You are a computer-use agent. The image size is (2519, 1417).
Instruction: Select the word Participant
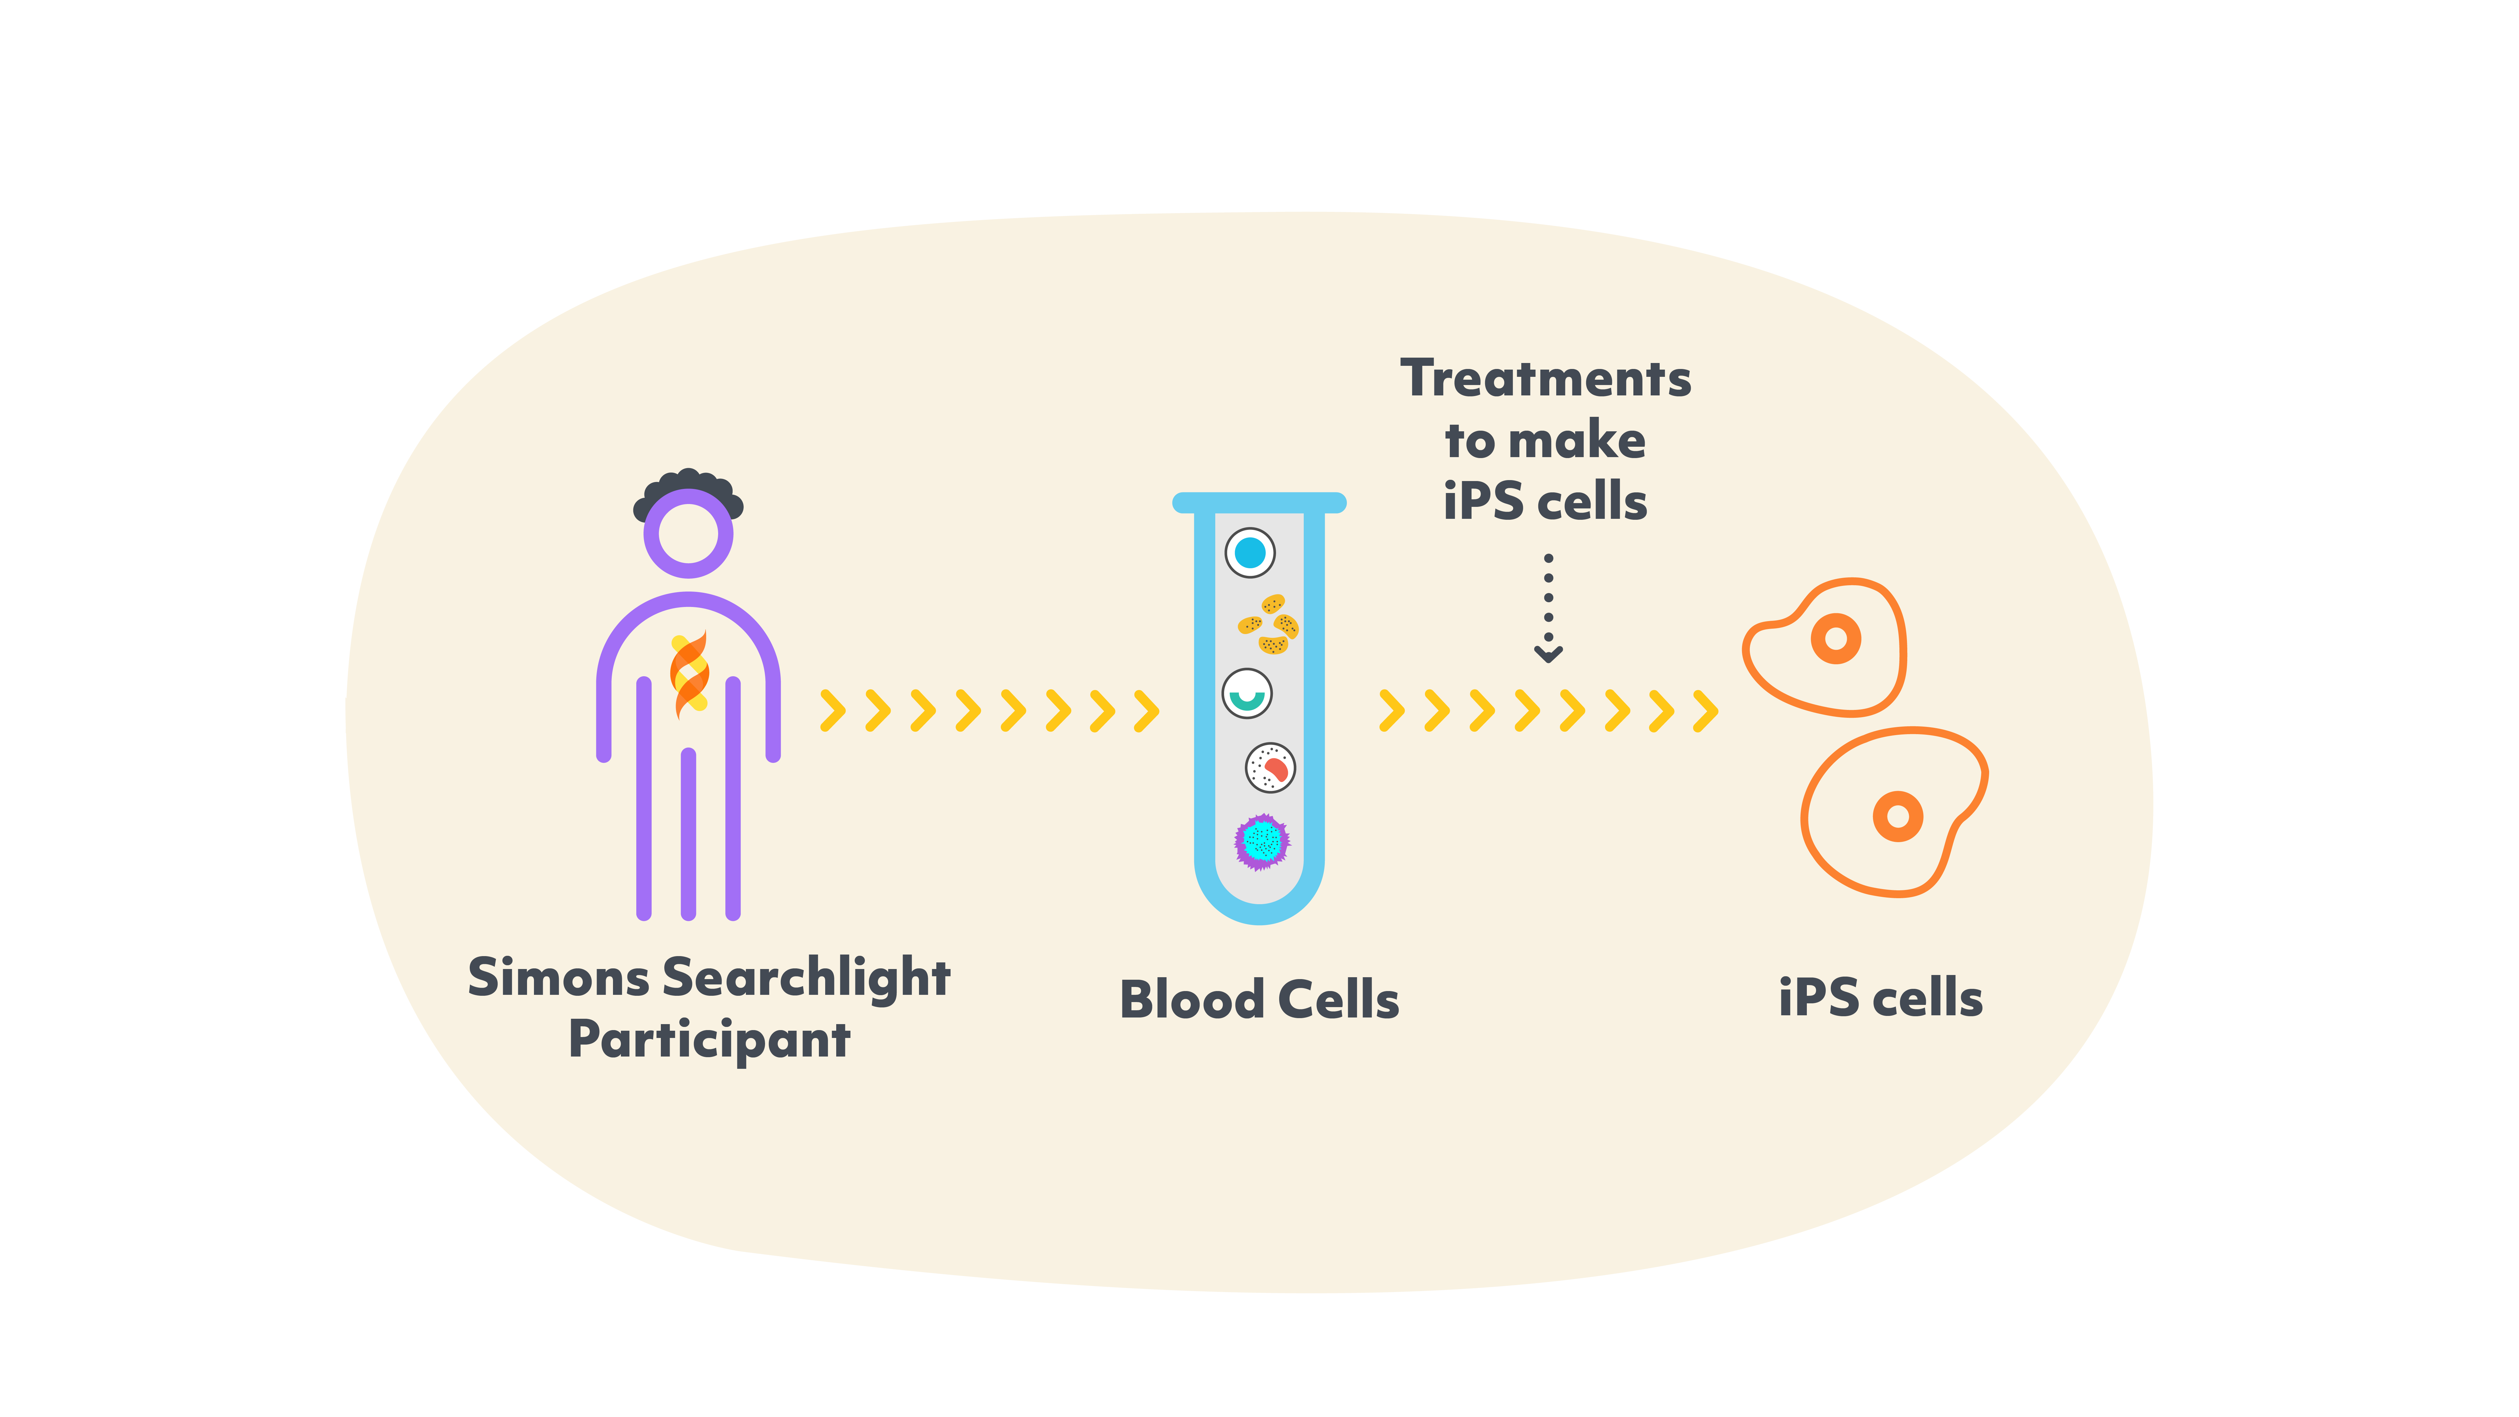click(709, 1040)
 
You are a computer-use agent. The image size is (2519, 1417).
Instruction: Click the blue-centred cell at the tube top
click(1250, 553)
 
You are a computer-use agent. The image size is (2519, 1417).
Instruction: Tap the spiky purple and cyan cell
click(1262, 841)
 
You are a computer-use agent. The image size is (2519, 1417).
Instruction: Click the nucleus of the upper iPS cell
click(1835, 638)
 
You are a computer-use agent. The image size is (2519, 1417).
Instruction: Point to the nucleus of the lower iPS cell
click(1897, 816)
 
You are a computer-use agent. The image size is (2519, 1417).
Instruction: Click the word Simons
click(557, 978)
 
